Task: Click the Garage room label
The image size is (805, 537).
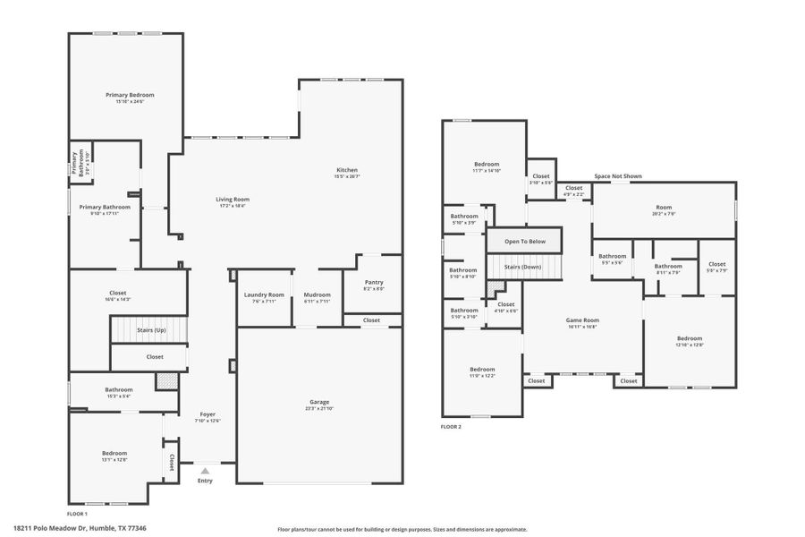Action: [319, 402]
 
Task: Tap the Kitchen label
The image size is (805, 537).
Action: [347, 170]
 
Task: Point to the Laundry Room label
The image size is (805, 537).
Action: [264, 294]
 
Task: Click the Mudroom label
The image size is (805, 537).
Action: [318, 294]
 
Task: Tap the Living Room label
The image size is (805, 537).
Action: [232, 199]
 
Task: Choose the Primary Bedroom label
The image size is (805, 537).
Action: [130, 95]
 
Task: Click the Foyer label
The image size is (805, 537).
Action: [208, 414]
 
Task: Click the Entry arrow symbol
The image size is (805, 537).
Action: [205, 470]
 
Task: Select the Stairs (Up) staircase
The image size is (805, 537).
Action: [150, 330]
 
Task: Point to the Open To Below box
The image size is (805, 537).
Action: [524, 241]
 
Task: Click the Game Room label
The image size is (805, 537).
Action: [582, 320]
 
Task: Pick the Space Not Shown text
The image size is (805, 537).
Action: [618, 176]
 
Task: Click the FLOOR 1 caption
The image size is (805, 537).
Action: [78, 514]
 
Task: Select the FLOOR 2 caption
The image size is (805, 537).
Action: [451, 427]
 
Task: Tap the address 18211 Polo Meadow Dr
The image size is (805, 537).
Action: [80, 528]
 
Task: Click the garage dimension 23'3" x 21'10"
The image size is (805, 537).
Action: [319, 408]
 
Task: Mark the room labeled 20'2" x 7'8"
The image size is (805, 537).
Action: [664, 214]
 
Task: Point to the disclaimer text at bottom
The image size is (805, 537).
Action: [402, 529]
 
